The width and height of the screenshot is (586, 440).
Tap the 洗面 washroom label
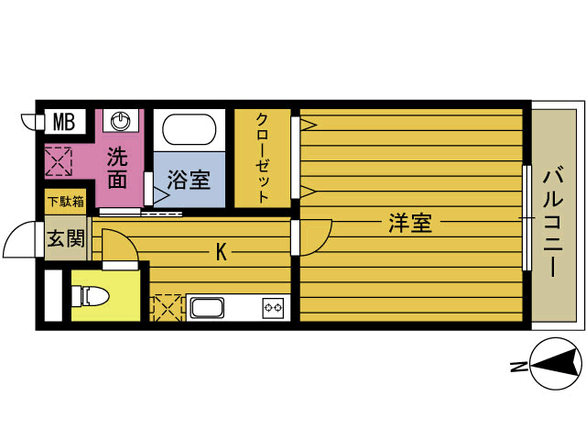pyautogui.click(x=116, y=167)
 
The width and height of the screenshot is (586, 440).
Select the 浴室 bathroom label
pyautogui.click(x=188, y=180)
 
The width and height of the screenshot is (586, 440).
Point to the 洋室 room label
pyautogui.click(x=410, y=223)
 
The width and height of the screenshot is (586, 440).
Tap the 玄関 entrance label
pyautogui.click(x=66, y=240)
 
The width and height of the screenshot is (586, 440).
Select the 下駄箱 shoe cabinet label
pyautogui.click(x=66, y=202)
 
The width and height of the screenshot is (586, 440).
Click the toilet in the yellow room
pyautogui.click(x=93, y=295)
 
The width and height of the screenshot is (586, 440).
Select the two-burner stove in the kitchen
pyautogui.click(x=274, y=307)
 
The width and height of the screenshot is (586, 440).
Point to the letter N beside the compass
pyautogui.click(x=517, y=368)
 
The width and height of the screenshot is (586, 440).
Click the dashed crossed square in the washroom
pyautogui.click(x=58, y=162)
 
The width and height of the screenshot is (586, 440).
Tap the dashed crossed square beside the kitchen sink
pyautogui.click(x=168, y=306)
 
